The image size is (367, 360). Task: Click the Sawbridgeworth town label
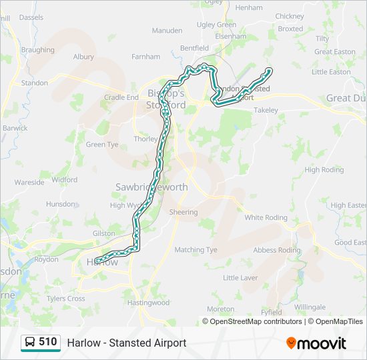(151, 187)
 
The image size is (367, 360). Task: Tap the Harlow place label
(103, 263)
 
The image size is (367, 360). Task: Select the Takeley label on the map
(266, 110)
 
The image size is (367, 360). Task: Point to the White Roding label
(266, 217)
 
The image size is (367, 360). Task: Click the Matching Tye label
(196, 250)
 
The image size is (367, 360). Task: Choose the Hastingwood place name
(148, 303)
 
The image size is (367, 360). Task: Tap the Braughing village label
(37, 50)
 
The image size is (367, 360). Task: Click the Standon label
(35, 83)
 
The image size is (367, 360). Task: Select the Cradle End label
(121, 97)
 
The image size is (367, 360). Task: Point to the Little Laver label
(240, 277)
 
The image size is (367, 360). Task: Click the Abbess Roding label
(277, 250)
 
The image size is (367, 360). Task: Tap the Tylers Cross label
(66, 299)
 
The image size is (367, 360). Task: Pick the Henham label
(249, 7)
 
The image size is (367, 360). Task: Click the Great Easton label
(335, 51)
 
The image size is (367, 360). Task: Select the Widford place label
(64, 179)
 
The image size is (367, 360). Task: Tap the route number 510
(48, 342)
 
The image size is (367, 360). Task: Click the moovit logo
(316, 343)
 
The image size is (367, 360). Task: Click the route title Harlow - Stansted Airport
(126, 343)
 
